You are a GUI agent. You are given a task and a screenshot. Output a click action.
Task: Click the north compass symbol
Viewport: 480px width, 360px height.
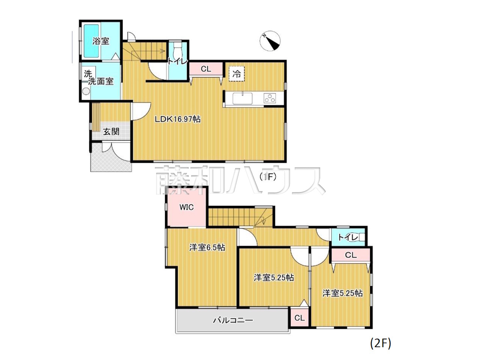pos(270,41)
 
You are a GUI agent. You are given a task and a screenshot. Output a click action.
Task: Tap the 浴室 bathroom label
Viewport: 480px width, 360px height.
pos(100,41)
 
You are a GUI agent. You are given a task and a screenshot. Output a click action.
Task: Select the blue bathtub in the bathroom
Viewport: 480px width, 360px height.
pos(91,41)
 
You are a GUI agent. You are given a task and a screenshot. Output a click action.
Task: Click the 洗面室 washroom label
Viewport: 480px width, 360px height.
pos(100,81)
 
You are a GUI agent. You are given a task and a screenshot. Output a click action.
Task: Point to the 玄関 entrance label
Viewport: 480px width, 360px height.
pos(111,132)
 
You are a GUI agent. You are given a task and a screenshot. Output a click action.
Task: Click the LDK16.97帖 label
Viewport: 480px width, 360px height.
pos(177,119)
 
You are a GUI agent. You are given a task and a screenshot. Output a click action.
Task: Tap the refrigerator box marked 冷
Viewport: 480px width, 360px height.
pos(237,73)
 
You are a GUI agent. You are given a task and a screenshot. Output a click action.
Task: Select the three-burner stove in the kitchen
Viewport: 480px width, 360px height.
pos(270,98)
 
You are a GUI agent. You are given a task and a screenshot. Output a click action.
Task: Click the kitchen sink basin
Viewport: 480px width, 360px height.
pos(242,98)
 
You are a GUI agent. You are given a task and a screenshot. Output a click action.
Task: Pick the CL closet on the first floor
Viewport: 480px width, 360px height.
pos(206,69)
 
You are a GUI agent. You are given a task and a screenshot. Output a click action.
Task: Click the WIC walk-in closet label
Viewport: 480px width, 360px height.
pos(186,207)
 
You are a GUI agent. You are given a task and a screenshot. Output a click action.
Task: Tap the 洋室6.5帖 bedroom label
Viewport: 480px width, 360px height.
pos(207,247)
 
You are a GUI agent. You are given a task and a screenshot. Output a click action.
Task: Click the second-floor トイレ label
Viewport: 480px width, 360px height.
pos(348,237)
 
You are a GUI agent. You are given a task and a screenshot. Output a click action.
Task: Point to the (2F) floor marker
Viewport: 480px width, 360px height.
pos(381,343)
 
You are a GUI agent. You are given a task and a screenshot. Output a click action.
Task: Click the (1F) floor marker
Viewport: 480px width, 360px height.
pos(268,177)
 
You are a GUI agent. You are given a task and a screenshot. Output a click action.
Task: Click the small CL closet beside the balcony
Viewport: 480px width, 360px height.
pos(299,318)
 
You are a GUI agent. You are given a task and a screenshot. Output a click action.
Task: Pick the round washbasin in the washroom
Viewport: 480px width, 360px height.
pos(86,91)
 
